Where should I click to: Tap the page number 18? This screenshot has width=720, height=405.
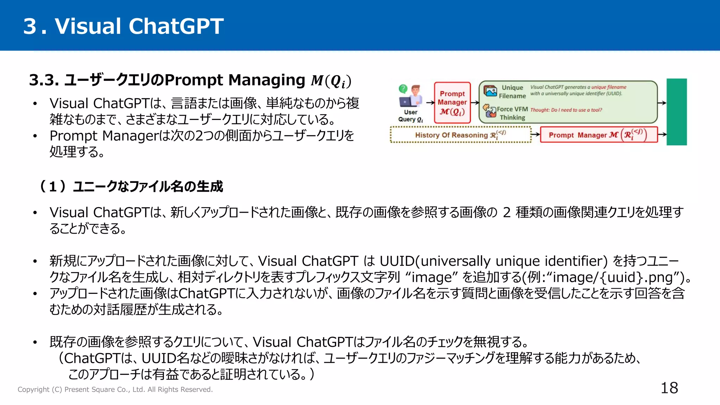click(x=669, y=388)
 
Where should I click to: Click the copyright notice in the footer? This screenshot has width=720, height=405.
click(x=115, y=390)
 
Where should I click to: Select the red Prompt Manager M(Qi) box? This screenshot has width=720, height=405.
click(x=452, y=103)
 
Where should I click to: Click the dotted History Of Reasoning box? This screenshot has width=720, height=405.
click(x=461, y=135)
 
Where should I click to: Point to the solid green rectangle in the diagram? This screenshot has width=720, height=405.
click(x=676, y=112)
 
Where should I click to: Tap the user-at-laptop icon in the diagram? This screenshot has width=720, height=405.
click(x=411, y=96)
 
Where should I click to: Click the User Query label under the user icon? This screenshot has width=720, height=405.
click(x=410, y=116)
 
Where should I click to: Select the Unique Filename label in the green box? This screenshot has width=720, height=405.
click(x=512, y=91)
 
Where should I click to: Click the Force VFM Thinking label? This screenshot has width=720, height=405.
click(x=512, y=113)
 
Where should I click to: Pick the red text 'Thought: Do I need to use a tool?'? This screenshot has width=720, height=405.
click(x=566, y=110)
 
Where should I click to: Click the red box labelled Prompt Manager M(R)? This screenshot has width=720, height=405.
click(x=598, y=135)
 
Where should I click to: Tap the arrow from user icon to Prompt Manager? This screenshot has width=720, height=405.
click(x=430, y=103)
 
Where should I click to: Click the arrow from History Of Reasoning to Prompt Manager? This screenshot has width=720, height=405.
click(x=535, y=134)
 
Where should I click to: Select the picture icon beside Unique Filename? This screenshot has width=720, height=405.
click(x=490, y=91)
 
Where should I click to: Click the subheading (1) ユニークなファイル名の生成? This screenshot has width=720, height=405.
click(x=131, y=186)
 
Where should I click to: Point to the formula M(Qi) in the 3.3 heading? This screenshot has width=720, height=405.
click(x=331, y=81)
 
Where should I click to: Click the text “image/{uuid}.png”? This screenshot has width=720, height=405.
click(x=613, y=277)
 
